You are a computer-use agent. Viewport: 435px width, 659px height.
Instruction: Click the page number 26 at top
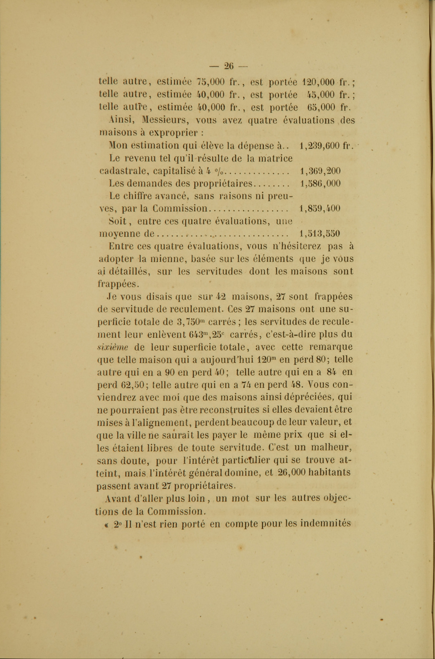(x=229, y=66)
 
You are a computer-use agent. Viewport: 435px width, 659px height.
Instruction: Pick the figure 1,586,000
(x=320, y=183)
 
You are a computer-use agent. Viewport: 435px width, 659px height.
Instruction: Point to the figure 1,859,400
(x=320, y=208)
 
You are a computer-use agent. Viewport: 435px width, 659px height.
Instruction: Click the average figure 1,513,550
(x=320, y=234)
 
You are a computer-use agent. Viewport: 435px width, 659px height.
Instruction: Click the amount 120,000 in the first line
(x=318, y=82)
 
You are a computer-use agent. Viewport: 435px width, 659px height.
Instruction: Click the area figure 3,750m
(x=191, y=322)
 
